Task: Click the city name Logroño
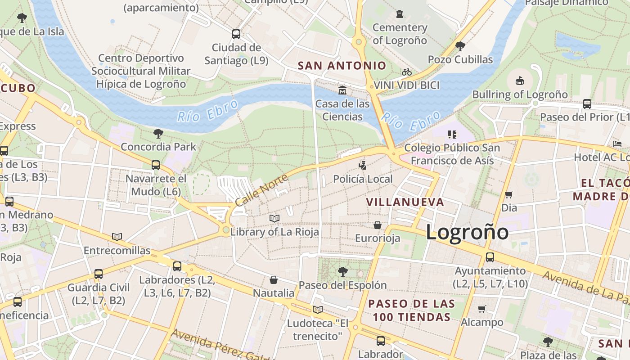[x=467, y=232]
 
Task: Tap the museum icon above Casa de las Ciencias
[x=342, y=90]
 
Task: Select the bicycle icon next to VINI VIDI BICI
[x=407, y=72]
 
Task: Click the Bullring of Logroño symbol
[x=520, y=81]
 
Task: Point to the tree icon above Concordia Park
[x=158, y=133]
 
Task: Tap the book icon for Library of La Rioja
[x=274, y=219]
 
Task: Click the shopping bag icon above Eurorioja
[x=378, y=225]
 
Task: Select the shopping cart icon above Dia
[x=509, y=194]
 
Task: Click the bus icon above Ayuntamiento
[x=490, y=257]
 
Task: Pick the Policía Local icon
[x=363, y=165]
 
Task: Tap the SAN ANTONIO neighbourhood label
[x=342, y=66]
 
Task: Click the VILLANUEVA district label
[x=405, y=202]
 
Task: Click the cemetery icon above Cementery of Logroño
[x=400, y=14]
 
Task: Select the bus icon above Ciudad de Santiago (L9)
[x=236, y=34]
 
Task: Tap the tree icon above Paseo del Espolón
[x=342, y=271]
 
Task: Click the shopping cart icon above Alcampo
[x=482, y=309]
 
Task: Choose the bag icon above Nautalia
[x=274, y=280]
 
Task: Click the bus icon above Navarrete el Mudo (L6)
[x=156, y=165]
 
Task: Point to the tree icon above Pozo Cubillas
[x=460, y=46]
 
